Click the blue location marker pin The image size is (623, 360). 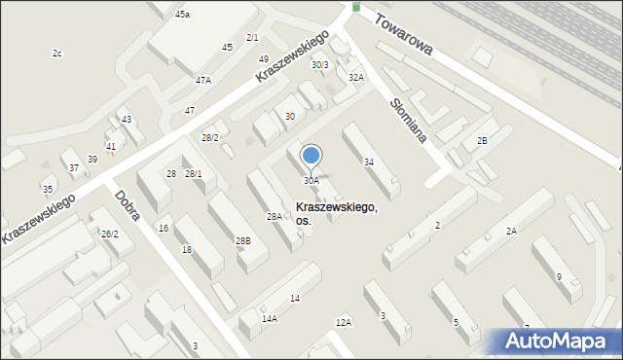[311, 156]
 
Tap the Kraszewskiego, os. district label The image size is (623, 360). [337, 214]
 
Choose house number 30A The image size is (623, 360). [311, 181]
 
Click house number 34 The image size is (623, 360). [369, 162]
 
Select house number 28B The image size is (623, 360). [243, 240]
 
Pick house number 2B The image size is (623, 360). [481, 141]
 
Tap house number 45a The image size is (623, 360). [183, 15]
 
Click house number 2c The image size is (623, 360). [57, 53]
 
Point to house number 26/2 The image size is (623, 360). [110, 234]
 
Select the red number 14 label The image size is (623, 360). [295, 298]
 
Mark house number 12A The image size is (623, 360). [343, 322]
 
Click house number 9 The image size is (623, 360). [559, 276]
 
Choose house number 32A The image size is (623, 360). [357, 77]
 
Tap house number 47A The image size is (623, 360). [203, 80]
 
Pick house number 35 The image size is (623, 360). [47, 188]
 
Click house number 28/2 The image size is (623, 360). [210, 138]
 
